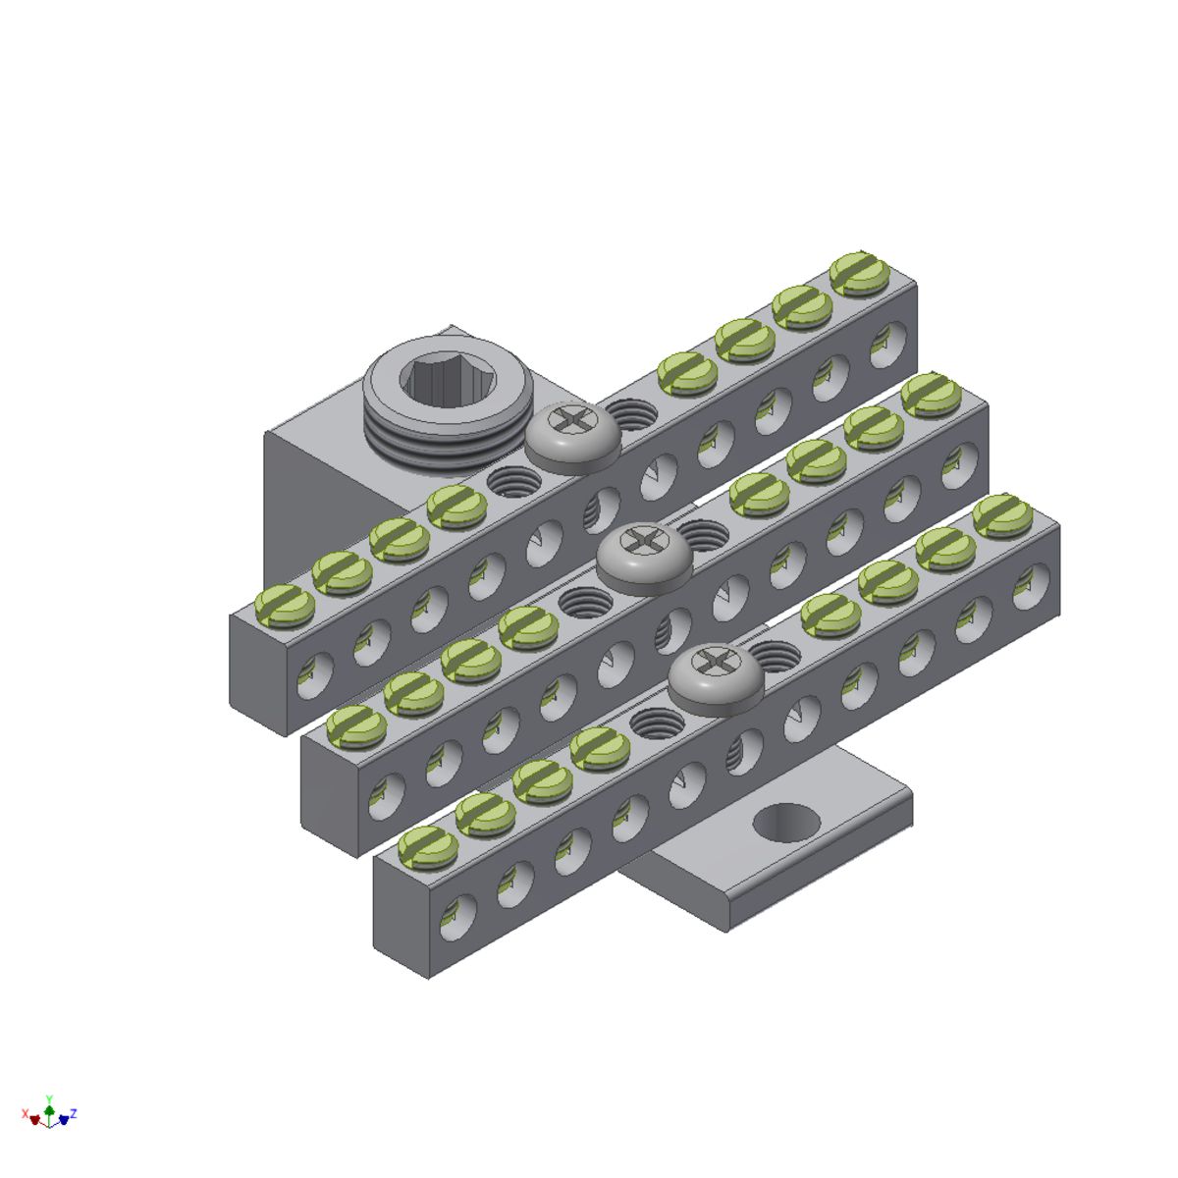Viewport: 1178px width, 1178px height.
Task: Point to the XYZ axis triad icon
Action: [x=49, y=1113]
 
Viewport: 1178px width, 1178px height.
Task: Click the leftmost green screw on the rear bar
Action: [x=285, y=604]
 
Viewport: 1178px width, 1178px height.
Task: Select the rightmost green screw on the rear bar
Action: [x=860, y=272]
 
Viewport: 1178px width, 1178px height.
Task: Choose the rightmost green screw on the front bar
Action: [x=1002, y=514]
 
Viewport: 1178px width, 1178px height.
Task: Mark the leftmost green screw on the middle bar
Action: [x=356, y=724]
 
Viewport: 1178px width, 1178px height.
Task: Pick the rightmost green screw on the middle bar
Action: [x=931, y=393]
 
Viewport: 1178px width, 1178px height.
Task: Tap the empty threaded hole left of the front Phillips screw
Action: [x=656, y=722]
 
